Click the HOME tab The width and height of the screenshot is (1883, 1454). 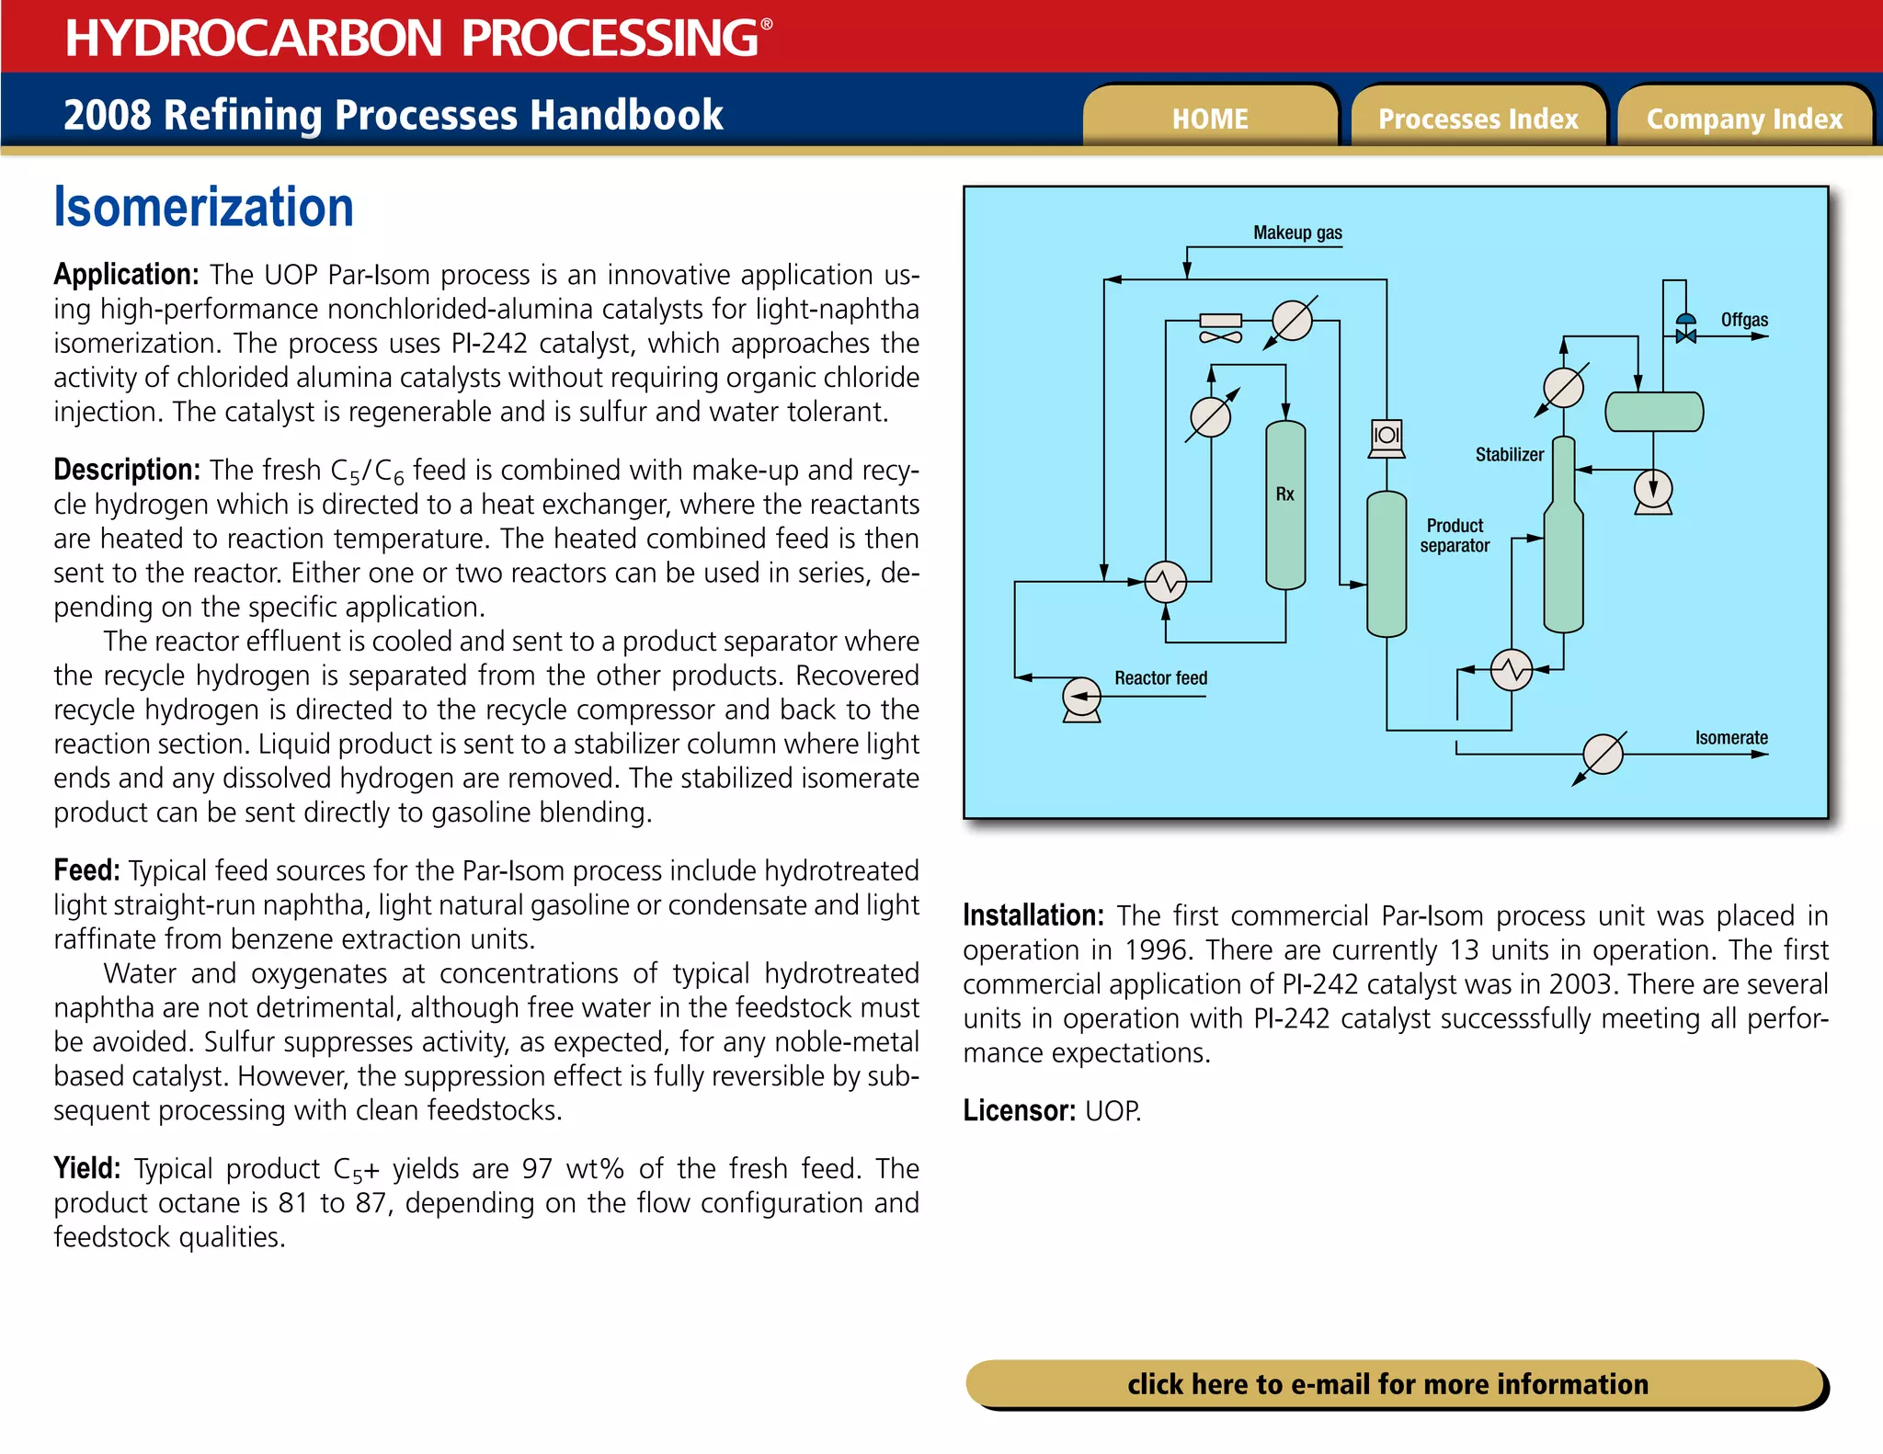point(1210,118)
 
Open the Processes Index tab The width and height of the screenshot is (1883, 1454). point(1478,118)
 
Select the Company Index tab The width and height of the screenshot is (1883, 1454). point(1744,118)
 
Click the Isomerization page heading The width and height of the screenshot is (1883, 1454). point(204,207)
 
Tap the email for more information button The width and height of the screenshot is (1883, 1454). point(1388,1383)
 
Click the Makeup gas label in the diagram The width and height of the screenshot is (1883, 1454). point(1297,233)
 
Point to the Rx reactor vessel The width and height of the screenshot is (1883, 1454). point(1285,505)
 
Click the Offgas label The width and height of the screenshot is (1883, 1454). point(1744,320)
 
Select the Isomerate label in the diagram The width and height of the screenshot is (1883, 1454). point(1731,737)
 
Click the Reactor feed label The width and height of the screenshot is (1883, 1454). point(1160,678)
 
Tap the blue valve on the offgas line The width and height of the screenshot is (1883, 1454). point(1685,329)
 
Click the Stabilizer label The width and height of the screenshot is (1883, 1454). point(1510,454)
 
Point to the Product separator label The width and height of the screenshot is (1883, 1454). point(1455,535)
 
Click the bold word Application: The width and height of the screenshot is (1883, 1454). point(126,274)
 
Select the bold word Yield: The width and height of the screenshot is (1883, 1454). point(87,1168)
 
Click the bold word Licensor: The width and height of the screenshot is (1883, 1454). point(1019,1110)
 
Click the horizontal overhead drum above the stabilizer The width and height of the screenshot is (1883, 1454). point(1653,412)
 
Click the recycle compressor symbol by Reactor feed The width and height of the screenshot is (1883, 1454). point(1081,699)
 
